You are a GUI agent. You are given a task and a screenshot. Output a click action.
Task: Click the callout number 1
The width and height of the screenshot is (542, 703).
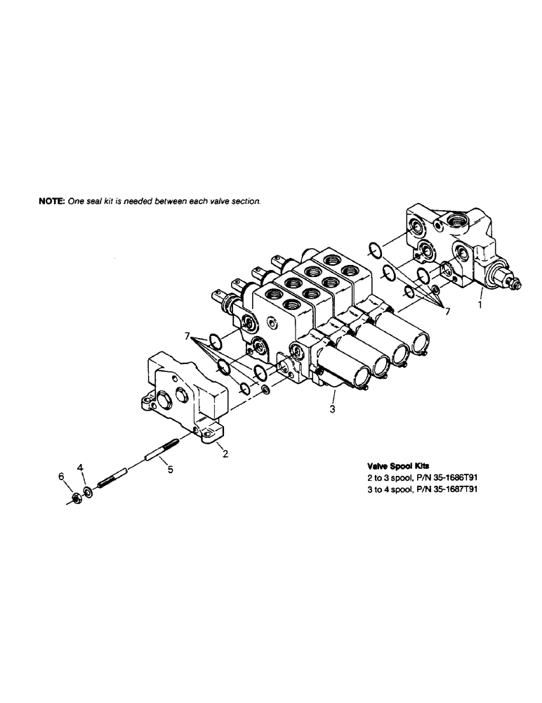(x=479, y=307)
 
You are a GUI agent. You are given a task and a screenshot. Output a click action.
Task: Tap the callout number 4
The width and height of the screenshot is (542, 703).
(x=81, y=467)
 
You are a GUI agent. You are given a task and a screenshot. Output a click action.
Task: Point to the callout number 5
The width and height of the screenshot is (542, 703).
(x=171, y=468)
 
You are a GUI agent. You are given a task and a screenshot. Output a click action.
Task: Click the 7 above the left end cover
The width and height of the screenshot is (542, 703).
(x=188, y=337)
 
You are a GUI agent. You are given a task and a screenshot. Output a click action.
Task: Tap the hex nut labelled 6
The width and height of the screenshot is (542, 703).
(x=74, y=499)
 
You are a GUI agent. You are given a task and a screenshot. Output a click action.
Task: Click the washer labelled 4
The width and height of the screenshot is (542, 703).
(x=86, y=489)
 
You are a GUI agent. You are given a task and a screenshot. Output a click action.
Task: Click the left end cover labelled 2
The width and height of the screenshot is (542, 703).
(x=184, y=397)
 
